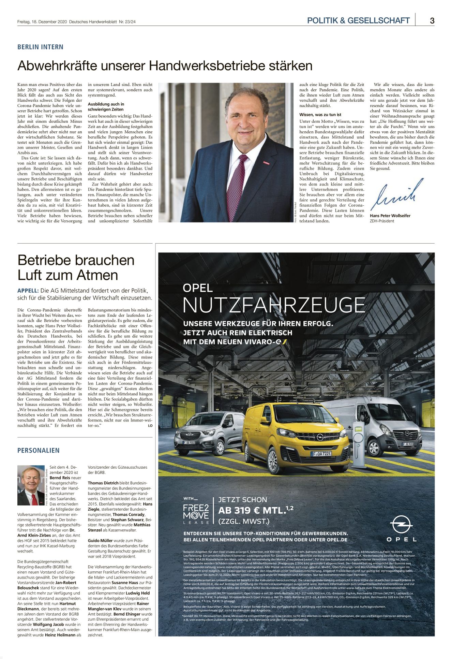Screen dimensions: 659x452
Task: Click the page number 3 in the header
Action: coord(432,20)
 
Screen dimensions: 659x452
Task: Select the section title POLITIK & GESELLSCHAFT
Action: coord(358,20)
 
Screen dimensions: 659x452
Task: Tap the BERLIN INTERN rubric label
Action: coord(40,47)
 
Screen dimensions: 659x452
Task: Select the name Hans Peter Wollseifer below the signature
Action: coord(390,216)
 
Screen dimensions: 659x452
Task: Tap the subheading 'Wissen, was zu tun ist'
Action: coord(320,115)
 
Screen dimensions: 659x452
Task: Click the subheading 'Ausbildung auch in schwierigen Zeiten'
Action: coord(106,107)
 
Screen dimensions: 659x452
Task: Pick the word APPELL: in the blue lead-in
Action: coord(28,291)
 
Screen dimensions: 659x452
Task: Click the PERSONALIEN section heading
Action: coord(38,450)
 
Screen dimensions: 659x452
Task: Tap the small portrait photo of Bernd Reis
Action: coord(31,485)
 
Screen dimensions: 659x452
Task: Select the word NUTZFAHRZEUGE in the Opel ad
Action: coord(274,305)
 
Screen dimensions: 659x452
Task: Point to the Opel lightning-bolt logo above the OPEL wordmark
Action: coord(401,524)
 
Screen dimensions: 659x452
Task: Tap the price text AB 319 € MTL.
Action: coord(252,511)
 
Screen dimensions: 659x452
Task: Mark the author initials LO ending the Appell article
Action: coord(150,426)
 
